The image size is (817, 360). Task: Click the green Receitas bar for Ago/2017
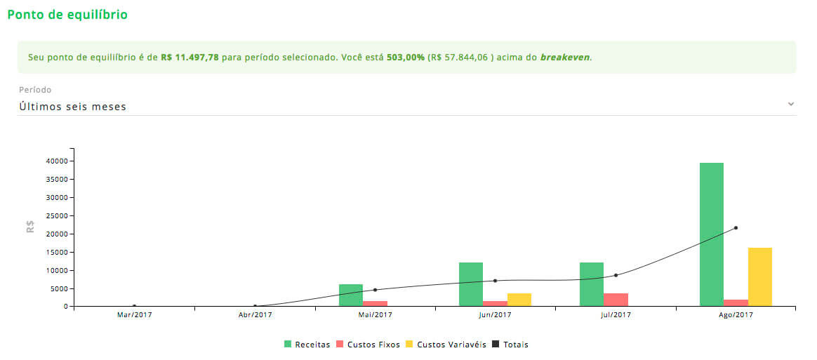(x=711, y=234)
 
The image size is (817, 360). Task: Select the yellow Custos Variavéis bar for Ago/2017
(x=759, y=276)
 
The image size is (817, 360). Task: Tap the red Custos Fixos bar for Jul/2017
(x=616, y=300)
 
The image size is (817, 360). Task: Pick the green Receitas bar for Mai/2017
(x=350, y=295)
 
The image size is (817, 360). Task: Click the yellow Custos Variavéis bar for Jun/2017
(x=519, y=300)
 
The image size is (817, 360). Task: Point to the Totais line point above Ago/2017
(x=736, y=227)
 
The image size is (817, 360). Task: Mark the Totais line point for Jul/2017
(x=616, y=275)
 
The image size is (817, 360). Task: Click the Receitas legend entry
(x=307, y=345)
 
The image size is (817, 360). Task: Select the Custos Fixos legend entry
(x=368, y=345)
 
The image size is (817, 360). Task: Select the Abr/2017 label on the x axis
(x=255, y=315)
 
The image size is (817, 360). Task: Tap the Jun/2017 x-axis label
(x=495, y=315)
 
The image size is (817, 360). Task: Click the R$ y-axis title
(x=30, y=227)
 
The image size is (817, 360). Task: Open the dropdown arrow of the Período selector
(x=791, y=104)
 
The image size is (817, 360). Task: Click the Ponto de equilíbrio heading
(x=67, y=14)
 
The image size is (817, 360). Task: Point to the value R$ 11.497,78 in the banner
(x=190, y=58)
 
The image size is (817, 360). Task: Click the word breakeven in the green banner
(x=565, y=58)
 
